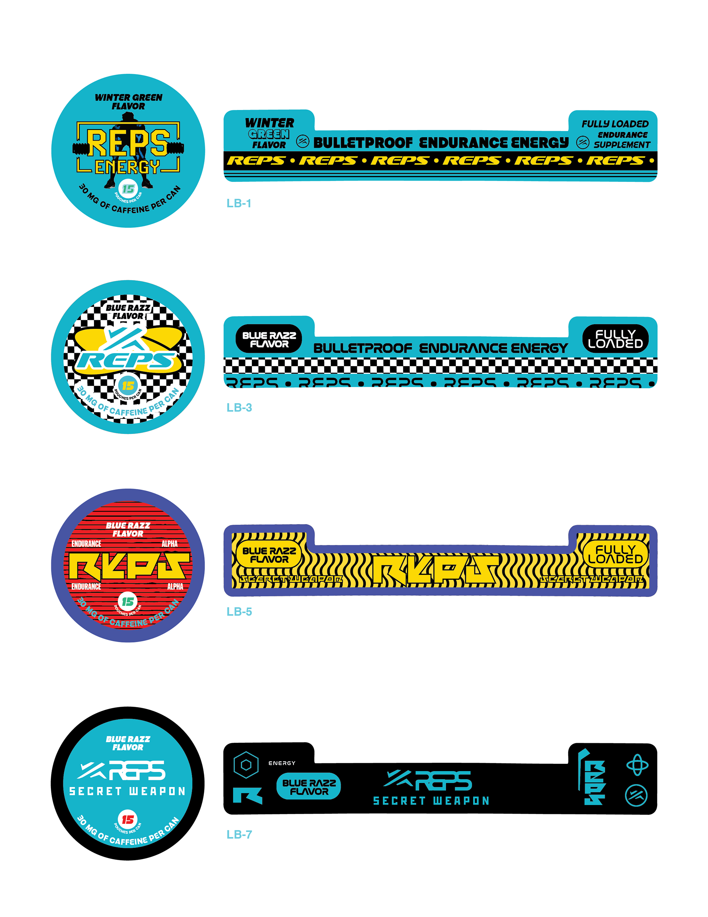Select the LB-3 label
click(x=239, y=407)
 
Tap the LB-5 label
click(x=239, y=611)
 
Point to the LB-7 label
click(x=239, y=834)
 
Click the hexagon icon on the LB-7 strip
click(x=246, y=765)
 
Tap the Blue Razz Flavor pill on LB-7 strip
click(x=309, y=786)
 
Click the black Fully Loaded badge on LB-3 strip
click(x=615, y=339)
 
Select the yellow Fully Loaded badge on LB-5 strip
click(x=615, y=554)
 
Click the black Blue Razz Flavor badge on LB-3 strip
click(x=269, y=339)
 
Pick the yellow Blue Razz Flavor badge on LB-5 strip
click(x=269, y=555)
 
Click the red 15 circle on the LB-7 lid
click(x=128, y=819)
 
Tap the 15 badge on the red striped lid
click(x=128, y=601)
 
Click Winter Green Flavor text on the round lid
click(x=128, y=101)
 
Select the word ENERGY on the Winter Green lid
click(x=128, y=167)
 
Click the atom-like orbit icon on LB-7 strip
click(x=637, y=765)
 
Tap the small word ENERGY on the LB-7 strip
click(x=282, y=763)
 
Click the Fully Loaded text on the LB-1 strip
click(x=615, y=124)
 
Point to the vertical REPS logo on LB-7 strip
click(x=593, y=778)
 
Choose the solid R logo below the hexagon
click(x=247, y=796)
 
